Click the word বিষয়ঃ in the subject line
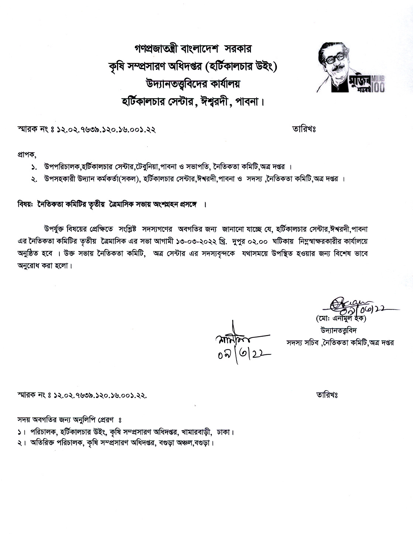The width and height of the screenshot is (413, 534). (25, 204)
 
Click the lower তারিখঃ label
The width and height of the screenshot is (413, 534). (327, 395)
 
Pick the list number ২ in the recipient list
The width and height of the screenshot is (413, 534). (34, 180)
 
